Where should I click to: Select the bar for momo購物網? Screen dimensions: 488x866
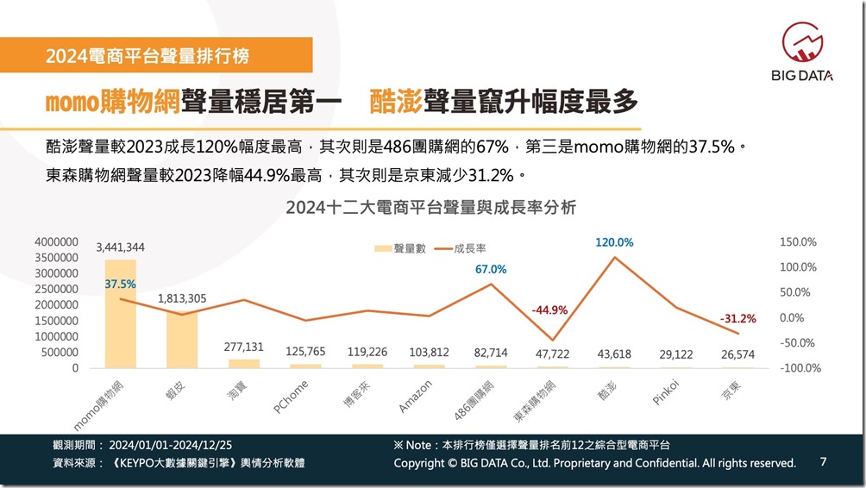[x=121, y=314]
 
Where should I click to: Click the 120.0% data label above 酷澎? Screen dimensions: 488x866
[x=614, y=243]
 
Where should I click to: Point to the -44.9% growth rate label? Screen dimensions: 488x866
[x=549, y=310]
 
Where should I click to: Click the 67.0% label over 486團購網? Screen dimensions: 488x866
[x=491, y=269]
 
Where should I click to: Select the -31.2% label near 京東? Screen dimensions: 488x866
[x=737, y=318]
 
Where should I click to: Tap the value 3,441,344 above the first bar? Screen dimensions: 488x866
[x=121, y=247]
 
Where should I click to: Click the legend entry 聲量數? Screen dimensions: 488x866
[x=400, y=248]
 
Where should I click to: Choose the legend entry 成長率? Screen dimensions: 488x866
[x=465, y=248]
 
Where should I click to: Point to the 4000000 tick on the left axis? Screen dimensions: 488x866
[x=57, y=242]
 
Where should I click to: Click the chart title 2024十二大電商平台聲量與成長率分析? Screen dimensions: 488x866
[x=431, y=207]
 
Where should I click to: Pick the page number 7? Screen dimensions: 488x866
[x=823, y=461]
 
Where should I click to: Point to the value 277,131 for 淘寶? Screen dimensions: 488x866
[x=244, y=347]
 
